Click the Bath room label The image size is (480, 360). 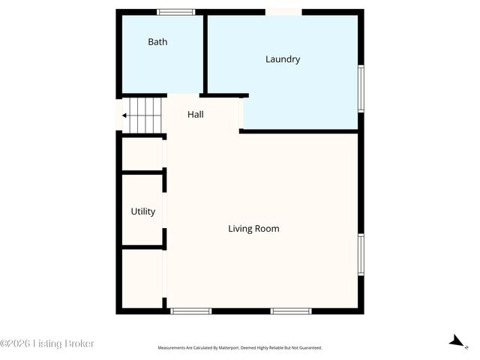(157, 42)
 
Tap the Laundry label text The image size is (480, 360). (283, 59)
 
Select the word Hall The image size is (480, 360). (195, 115)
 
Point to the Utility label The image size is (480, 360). (142, 211)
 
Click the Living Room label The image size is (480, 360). (253, 229)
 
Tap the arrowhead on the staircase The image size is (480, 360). (124, 115)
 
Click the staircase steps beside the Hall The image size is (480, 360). (145, 115)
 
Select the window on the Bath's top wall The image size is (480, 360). (176, 12)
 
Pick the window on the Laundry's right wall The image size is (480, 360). (361, 88)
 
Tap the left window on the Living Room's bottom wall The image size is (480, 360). (190, 310)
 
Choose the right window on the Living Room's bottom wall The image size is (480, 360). (291, 310)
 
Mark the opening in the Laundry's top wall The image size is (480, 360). (284, 12)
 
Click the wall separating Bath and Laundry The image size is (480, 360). (205, 52)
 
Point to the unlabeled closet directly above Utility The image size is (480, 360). (142, 154)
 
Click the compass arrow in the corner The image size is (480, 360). (455, 341)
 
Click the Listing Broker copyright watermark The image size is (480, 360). (47, 343)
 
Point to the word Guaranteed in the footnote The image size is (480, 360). (308, 348)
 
